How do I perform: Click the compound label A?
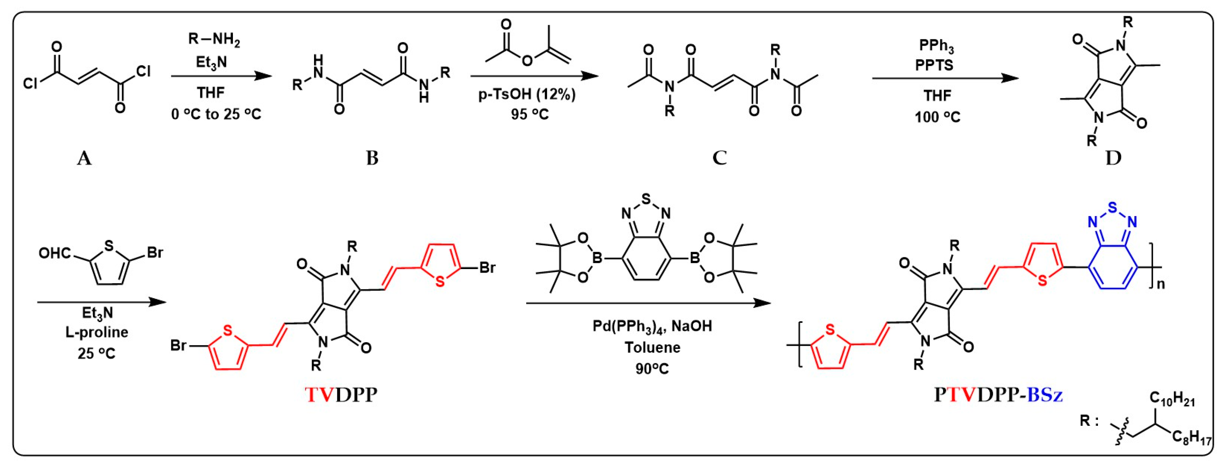point(84,158)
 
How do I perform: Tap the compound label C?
point(720,158)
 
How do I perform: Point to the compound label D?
point(1113,158)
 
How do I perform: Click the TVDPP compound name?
point(341,395)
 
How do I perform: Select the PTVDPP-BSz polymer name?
point(998,395)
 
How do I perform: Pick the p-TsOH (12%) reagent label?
point(527,94)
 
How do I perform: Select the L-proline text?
point(97,332)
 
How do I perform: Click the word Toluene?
point(652,347)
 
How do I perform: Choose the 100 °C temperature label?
point(937,117)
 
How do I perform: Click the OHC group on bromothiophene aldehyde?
point(55,253)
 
